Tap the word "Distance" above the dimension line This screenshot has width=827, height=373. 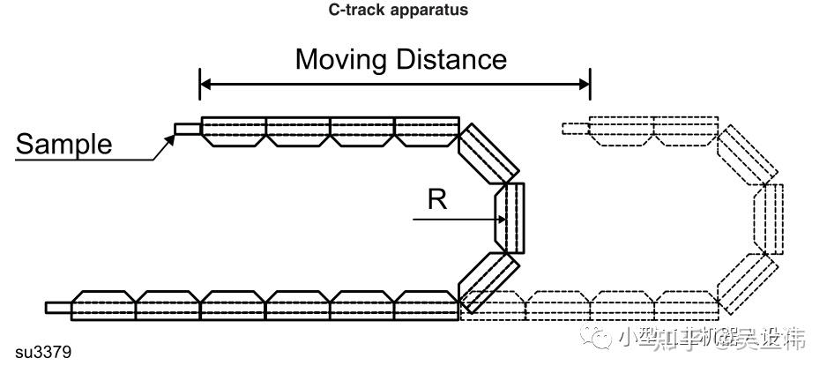[x=450, y=59]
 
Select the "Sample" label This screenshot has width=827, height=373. [x=64, y=143]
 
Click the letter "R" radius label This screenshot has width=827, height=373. [x=437, y=200]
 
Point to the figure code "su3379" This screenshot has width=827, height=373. [x=43, y=353]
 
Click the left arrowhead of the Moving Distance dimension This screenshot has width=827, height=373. [x=207, y=85]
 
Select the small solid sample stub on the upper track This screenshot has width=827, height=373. [x=187, y=129]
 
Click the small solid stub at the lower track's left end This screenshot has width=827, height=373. [x=58, y=307]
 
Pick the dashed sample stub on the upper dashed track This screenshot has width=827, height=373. [x=576, y=129]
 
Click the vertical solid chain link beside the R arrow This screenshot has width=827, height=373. [x=510, y=217]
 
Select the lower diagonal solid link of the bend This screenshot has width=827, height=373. [x=488, y=281]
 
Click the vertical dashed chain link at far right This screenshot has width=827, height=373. [x=772, y=217]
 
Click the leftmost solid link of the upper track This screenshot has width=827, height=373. [x=234, y=131]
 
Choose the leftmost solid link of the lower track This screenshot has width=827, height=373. [x=103, y=304]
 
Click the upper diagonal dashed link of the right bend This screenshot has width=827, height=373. [x=749, y=155]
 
